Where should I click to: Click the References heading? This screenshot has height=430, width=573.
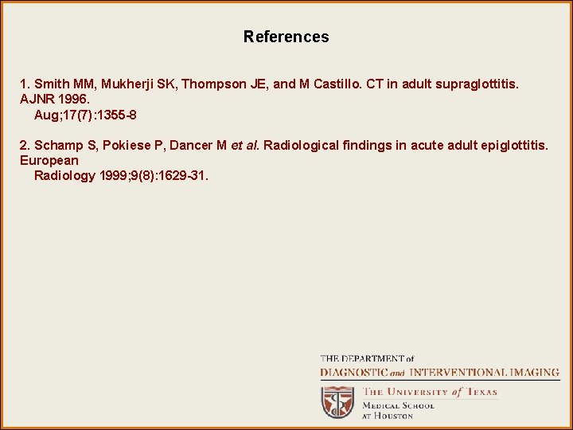[286, 37]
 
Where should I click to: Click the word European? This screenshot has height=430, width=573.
[49, 160]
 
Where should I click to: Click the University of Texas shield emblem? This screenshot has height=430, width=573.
[338, 401]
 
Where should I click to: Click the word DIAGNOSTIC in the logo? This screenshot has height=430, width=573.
[354, 373]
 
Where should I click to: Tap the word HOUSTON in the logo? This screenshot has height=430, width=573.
[394, 416]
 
